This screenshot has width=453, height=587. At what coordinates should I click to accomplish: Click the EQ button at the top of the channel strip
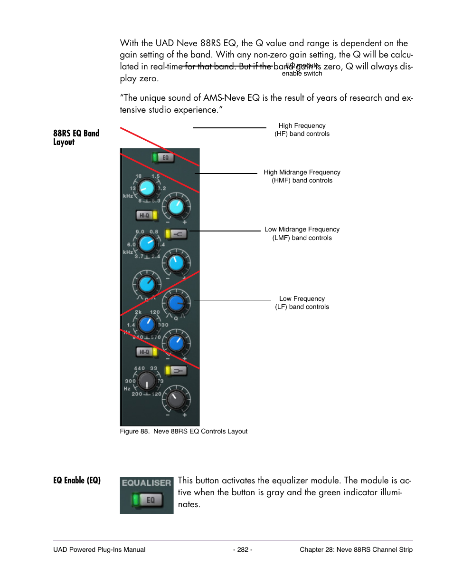[x=164, y=157]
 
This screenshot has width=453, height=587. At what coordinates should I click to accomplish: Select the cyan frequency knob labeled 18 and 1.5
[x=147, y=189]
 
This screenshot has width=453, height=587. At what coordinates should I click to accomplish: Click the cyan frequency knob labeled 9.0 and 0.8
[x=147, y=244]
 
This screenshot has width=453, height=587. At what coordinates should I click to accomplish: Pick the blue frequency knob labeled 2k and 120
[x=147, y=325]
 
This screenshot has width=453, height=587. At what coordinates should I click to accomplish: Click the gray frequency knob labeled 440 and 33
[x=146, y=381]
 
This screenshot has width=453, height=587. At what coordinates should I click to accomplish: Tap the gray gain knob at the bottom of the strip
[x=176, y=399]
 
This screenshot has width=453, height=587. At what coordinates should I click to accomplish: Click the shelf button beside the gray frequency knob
[x=177, y=371]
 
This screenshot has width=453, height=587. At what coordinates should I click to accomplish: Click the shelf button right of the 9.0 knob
[x=177, y=234]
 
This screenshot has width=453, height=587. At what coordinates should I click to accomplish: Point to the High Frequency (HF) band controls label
[x=302, y=130]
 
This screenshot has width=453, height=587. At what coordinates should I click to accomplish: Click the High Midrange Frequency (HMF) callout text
[x=302, y=176]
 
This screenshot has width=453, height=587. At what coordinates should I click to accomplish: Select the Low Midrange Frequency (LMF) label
[x=302, y=233]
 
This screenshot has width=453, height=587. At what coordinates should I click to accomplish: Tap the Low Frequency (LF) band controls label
[x=302, y=303]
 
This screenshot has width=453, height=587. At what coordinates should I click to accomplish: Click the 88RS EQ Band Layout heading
[x=76, y=137]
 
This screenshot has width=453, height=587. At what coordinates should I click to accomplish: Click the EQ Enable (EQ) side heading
[x=77, y=480]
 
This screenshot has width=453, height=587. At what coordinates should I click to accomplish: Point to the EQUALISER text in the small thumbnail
[x=146, y=483]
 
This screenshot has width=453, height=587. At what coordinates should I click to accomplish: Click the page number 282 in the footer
[x=243, y=549]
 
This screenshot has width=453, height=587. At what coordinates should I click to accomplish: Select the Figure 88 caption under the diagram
[x=183, y=431]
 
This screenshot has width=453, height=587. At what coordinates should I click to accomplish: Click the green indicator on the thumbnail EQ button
[x=136, y=500]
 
